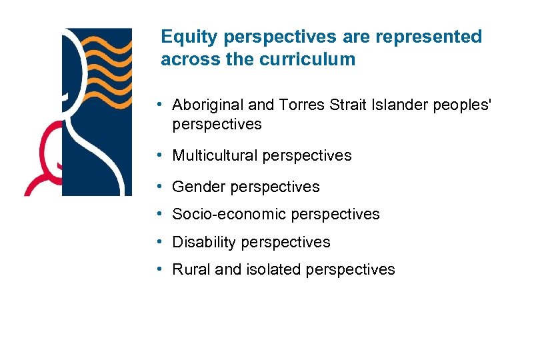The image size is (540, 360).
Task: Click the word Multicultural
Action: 215,155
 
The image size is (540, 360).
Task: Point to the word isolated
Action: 273,269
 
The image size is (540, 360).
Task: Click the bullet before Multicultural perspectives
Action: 161,155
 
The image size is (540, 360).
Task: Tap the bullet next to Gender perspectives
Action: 161,187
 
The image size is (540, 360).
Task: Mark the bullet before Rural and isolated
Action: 161,269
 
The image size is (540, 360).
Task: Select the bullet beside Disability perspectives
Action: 161,242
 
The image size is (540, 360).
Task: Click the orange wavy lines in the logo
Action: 107,57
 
